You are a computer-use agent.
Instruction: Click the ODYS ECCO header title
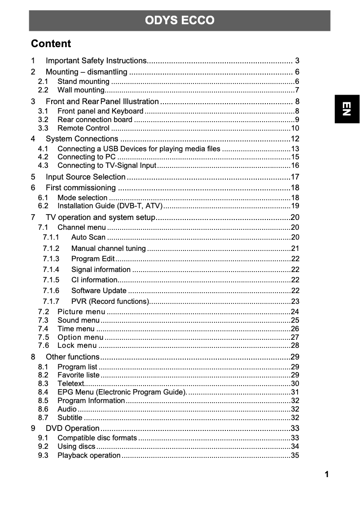click(180, 21)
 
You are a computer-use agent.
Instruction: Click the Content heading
click(51, 44)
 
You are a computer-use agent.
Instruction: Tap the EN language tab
click(347, 109)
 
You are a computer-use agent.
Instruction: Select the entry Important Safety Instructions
click(96, 61)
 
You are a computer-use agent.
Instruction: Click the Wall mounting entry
click(81, 90)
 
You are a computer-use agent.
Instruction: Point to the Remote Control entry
click(83, 128)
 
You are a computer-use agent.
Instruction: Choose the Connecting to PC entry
click(87, 157)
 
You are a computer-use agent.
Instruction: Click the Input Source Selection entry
click(85, 177)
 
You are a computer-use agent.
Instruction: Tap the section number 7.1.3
click(51, 259)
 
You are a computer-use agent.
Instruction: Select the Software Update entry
click(99, 290)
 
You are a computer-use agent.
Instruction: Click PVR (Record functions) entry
click(110, 301)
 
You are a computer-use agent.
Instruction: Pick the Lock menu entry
click(77, 346)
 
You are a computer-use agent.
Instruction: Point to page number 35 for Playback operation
click(295, 456)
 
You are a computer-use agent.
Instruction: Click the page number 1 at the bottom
click(327, 474)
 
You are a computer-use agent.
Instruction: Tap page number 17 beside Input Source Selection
click(295, 177)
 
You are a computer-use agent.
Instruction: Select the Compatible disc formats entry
click(97, 438)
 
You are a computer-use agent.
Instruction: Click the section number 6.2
click(43, 206)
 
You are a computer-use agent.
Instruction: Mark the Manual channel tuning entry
click(108, 249)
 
